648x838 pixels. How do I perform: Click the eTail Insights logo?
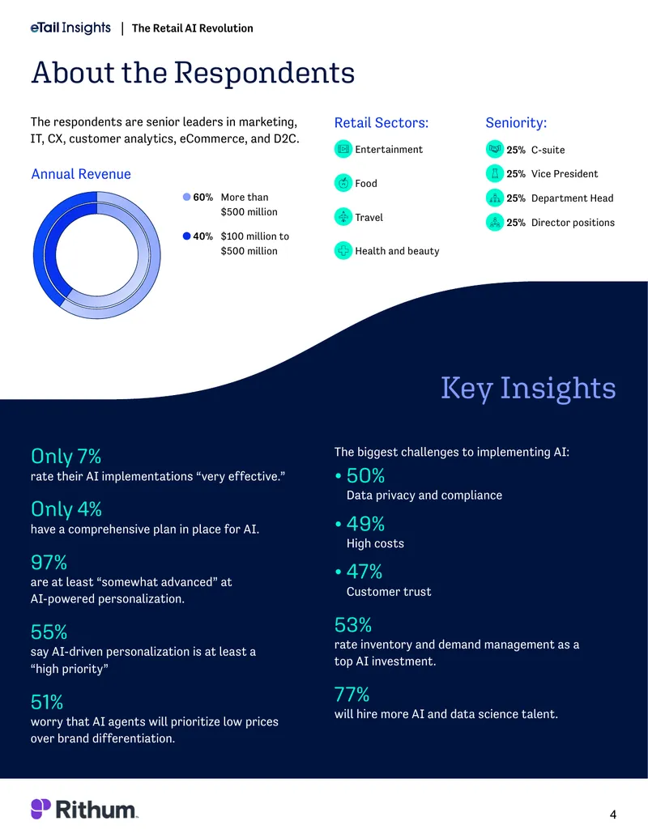pos(70,28)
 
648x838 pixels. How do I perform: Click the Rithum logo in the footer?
pos(84,809)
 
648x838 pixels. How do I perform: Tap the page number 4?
pos(612,815)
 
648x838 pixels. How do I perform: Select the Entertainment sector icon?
pos(343,149)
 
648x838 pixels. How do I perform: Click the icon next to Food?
pos(343,183)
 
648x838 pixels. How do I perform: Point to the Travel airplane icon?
pos(343,217)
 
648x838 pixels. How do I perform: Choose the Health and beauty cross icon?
pos(343,251)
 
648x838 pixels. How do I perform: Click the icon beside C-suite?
pos(495,149)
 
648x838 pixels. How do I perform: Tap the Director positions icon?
pos(495,222)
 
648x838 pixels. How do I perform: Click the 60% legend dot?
pos(186,197)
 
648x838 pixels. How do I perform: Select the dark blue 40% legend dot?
pos(186,236)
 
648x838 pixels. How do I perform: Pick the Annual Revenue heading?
pos(81,174)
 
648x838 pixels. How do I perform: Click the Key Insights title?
pos(528,388)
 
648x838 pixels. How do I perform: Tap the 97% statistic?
pos(49,562)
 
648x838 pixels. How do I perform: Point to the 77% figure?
pos(352,694)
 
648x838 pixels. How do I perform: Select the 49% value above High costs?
pos(365,524)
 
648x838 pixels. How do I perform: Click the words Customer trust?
pos(389,592)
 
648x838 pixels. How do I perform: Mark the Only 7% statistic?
pos(66,457)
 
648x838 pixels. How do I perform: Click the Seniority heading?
pos(516,123)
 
